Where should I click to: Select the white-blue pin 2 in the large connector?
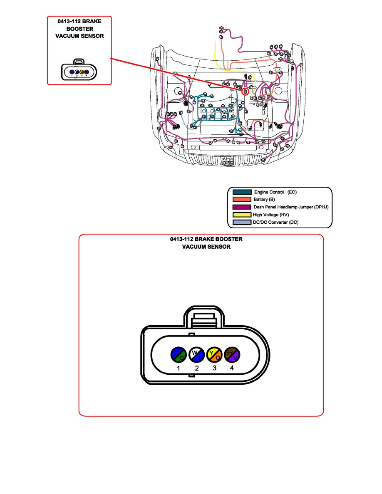(196, 354)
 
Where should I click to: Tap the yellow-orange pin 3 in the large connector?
(214, 354)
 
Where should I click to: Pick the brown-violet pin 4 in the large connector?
(232, 354)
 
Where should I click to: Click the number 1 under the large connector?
(179, 368)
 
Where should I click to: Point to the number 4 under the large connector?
(232, 368)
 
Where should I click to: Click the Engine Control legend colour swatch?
(242, 192)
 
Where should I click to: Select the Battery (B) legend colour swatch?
(242, 200)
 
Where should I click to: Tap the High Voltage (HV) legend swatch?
(242, 215)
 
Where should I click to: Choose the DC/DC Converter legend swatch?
(242, 222)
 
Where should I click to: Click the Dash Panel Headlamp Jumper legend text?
(291, 207)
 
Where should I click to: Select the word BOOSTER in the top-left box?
(79, 28)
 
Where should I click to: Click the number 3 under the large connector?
(214, 368)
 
